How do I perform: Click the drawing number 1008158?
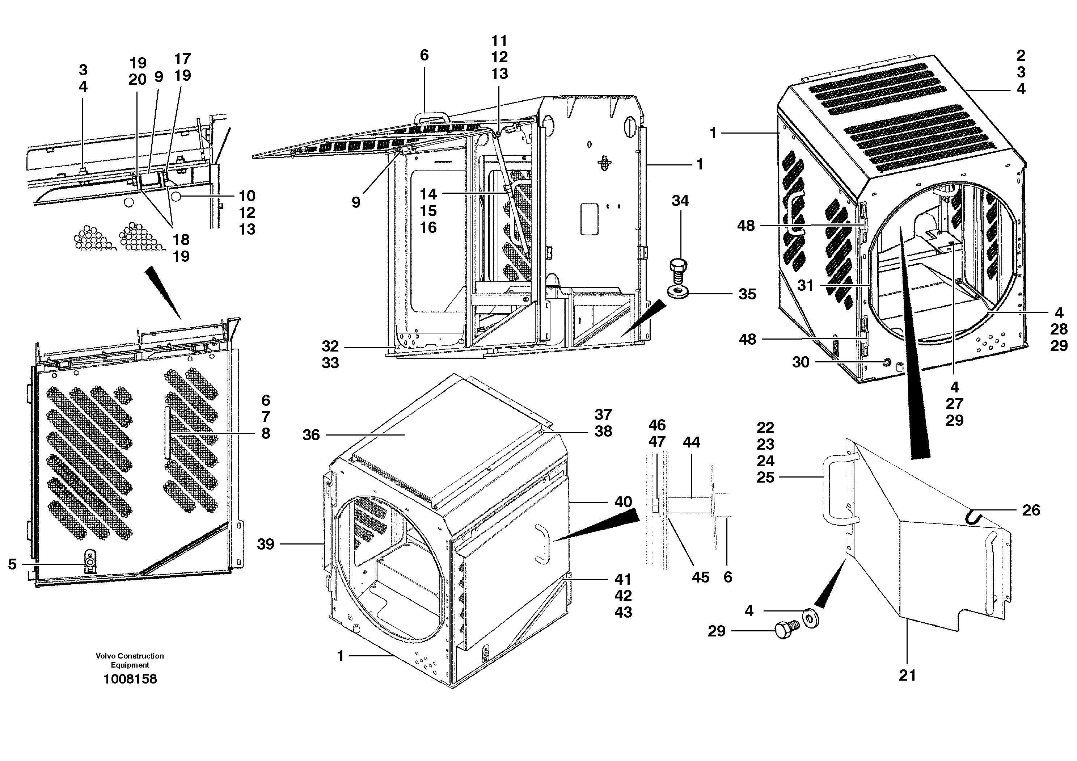(x=130, y=679)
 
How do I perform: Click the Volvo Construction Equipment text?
(x=130, y=660)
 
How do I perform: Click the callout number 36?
(x=311, y=435)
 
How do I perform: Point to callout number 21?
(x=907, y=676)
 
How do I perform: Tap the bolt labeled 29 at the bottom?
(x=785, y=629)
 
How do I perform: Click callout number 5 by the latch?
(x=12, y=564)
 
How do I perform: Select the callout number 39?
(x=266, y=544)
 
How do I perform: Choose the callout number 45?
(x=700, y=577)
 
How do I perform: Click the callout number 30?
(x=801, y=362)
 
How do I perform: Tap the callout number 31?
(x=806, y=285)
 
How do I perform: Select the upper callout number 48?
(x=746, y=226)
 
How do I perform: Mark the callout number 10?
(x=247, y=196)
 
